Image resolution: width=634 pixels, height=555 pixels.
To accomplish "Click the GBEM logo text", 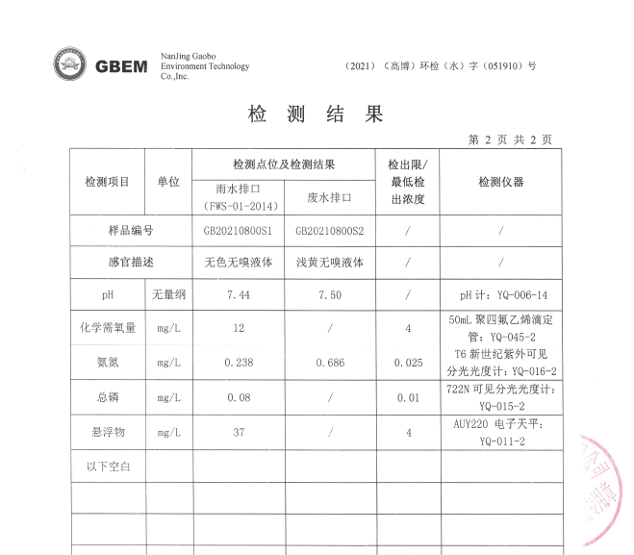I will (x=121, y=66).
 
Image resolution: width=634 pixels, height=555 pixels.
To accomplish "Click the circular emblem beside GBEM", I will (x=69, y=64).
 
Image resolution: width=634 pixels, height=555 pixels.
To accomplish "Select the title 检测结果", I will (x=316, y=114).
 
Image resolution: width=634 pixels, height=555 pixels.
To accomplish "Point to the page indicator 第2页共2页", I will (x=510, y=139).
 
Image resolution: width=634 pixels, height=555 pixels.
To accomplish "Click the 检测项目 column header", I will (x=107, y=182).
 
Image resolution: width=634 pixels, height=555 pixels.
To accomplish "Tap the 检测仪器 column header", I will (x=501, y=182).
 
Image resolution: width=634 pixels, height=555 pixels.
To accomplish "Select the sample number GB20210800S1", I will (x=239, y=231).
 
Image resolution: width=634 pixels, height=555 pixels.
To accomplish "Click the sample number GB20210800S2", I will (x=330, y=231).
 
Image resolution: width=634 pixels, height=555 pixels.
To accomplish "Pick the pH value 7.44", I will (x=238, y=295).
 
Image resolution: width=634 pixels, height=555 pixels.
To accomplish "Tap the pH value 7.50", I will (x=330, y=295).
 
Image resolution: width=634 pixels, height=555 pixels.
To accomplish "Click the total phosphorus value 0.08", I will (x=238, y=396).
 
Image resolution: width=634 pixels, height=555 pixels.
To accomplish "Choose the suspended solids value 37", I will (x=238, y=432).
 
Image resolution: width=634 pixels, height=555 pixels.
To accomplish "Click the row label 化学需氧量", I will (x=107, y=328).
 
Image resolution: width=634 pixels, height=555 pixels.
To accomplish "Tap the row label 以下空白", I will (x=107, y=467).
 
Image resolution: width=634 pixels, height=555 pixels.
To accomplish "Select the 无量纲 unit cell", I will (x=168, y=295).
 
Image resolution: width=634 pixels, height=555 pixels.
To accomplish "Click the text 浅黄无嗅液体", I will (x=330, y=262).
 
